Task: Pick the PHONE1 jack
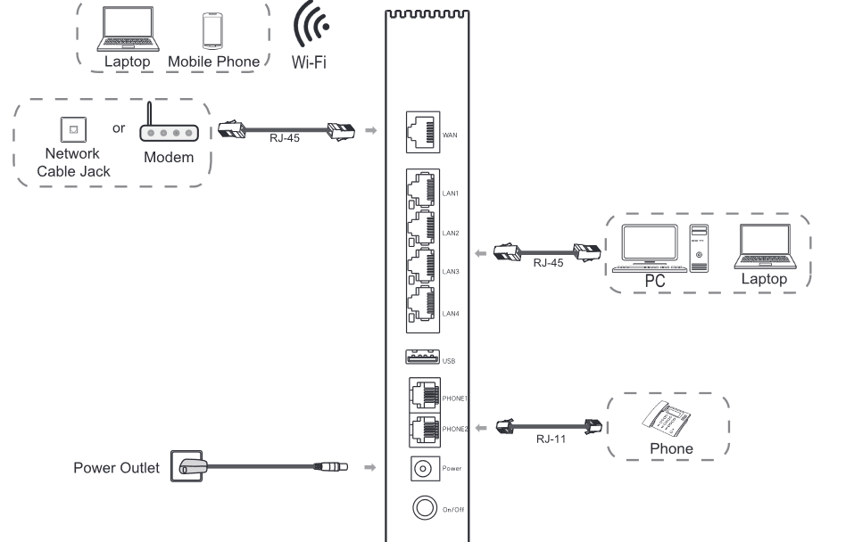[x=423, y=393]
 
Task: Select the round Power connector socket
[x=423, y=466]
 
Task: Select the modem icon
[x=169, y=130]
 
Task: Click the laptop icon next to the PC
[x=764, y=248]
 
